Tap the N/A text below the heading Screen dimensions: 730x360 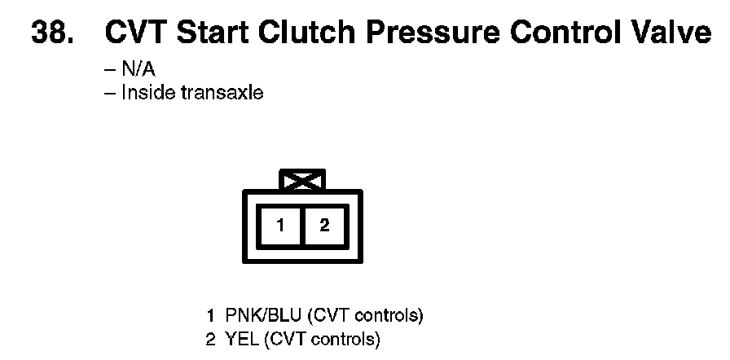(139, 70)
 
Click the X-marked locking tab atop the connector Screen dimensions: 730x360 (302, 180)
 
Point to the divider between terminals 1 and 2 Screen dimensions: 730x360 (302, 226)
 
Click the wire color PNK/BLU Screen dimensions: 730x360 (264, 317)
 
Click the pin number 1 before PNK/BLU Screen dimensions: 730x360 (211, 317)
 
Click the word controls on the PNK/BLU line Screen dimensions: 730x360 (389, 317)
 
